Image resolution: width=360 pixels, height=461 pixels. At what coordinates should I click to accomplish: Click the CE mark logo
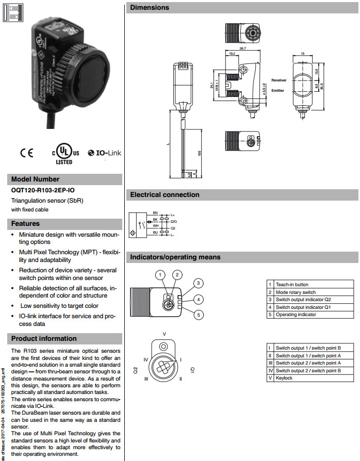26,153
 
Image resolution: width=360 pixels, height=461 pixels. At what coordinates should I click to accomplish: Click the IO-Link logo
104,153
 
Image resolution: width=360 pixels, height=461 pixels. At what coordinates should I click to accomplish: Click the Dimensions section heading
150,8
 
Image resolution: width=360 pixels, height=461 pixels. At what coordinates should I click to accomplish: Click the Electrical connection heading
165,195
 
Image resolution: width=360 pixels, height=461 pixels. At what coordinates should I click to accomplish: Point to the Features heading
25,224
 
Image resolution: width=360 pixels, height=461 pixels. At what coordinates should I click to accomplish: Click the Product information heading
44,339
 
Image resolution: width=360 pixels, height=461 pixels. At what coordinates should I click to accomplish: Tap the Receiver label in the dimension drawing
279,80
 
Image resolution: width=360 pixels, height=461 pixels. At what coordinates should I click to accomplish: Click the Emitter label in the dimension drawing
278,91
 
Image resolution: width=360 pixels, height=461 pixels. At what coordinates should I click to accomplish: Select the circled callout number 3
198,283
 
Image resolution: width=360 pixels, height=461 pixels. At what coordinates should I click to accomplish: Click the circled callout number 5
199,315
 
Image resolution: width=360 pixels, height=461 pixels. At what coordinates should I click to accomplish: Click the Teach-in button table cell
292,285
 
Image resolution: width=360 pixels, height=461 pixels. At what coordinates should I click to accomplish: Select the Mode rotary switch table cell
296,292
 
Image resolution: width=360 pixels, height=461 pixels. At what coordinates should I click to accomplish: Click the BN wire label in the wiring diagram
155,212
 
